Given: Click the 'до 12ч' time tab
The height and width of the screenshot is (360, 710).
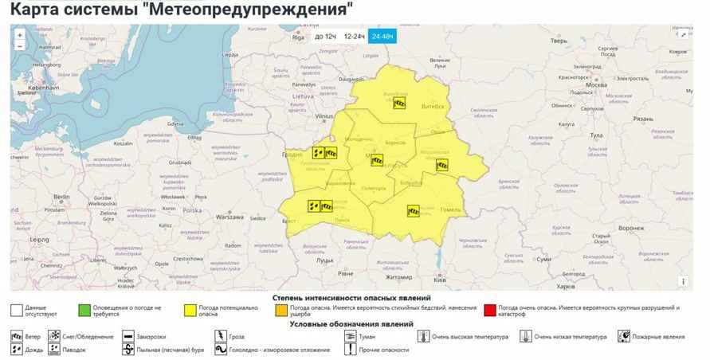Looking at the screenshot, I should pyautogui.click(x=325, y=37).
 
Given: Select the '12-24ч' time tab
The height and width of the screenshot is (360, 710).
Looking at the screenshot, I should pyautogui.click(x=355, y=37).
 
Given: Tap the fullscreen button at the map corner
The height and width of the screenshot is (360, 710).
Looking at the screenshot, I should pyautogui.click(x=684, y=34).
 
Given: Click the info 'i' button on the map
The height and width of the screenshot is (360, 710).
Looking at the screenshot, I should pyautogui.click(x=683, y=281).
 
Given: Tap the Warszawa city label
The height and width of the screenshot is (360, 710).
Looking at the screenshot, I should pyautogui.click(x=229, y=217).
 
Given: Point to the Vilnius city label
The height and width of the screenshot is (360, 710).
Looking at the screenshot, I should pyautogui.click(x=324, y=116).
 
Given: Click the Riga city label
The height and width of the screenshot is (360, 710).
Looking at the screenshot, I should pyautogui.click(x=299, y=37).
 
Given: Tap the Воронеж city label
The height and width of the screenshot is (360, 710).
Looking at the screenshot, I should pyautogui.click(x=630, y=228).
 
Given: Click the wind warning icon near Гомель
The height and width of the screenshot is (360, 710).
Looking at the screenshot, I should pyautogui.click(x=414, y=211).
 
